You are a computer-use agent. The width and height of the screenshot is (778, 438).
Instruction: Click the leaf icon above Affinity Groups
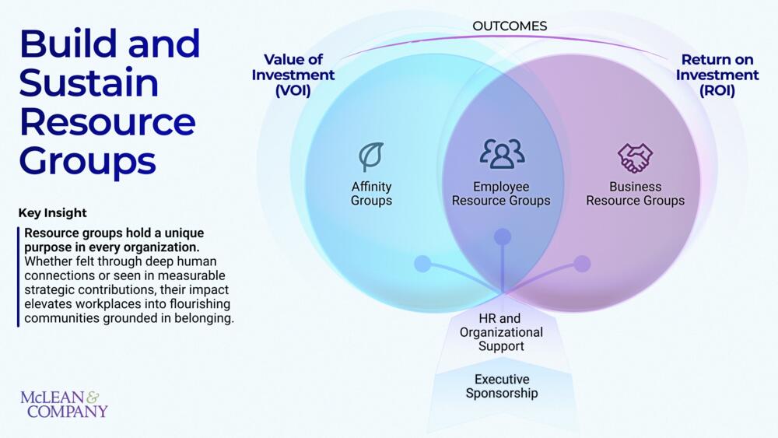[x=371, y=156]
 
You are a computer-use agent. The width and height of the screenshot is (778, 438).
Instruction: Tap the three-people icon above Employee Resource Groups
[x=502, y=154]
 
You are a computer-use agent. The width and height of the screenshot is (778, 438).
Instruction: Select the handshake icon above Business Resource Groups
[x=635, y=157]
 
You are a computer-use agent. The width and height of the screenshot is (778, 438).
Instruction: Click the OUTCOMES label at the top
[x=510, y=26]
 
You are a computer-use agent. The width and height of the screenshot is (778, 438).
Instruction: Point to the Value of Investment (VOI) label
[x=293, y=75]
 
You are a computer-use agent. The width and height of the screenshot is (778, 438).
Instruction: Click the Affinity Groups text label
[x=371, y=194]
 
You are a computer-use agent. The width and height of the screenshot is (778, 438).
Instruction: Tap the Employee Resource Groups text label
[x=501, y=194]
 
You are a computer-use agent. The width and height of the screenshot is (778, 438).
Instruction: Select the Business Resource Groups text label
[x=635, y=194]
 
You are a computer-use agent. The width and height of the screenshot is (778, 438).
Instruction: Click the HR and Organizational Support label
[x=501, y=332]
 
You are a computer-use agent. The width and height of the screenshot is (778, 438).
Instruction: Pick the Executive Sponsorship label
[x=501, y=386]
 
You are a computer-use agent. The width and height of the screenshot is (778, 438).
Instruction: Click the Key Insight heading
[x=52, y=212]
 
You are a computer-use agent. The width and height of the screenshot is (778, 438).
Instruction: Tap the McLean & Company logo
[x=64, y=405]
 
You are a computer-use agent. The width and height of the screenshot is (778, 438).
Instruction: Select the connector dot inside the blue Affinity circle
[x=422, y=264]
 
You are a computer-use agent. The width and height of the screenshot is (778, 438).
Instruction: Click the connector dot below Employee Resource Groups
[x=503, y=236]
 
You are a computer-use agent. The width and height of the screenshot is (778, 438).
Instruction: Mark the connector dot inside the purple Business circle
[x=582, y=264]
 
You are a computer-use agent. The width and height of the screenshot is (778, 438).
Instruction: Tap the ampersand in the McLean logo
[x=93, y=397]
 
